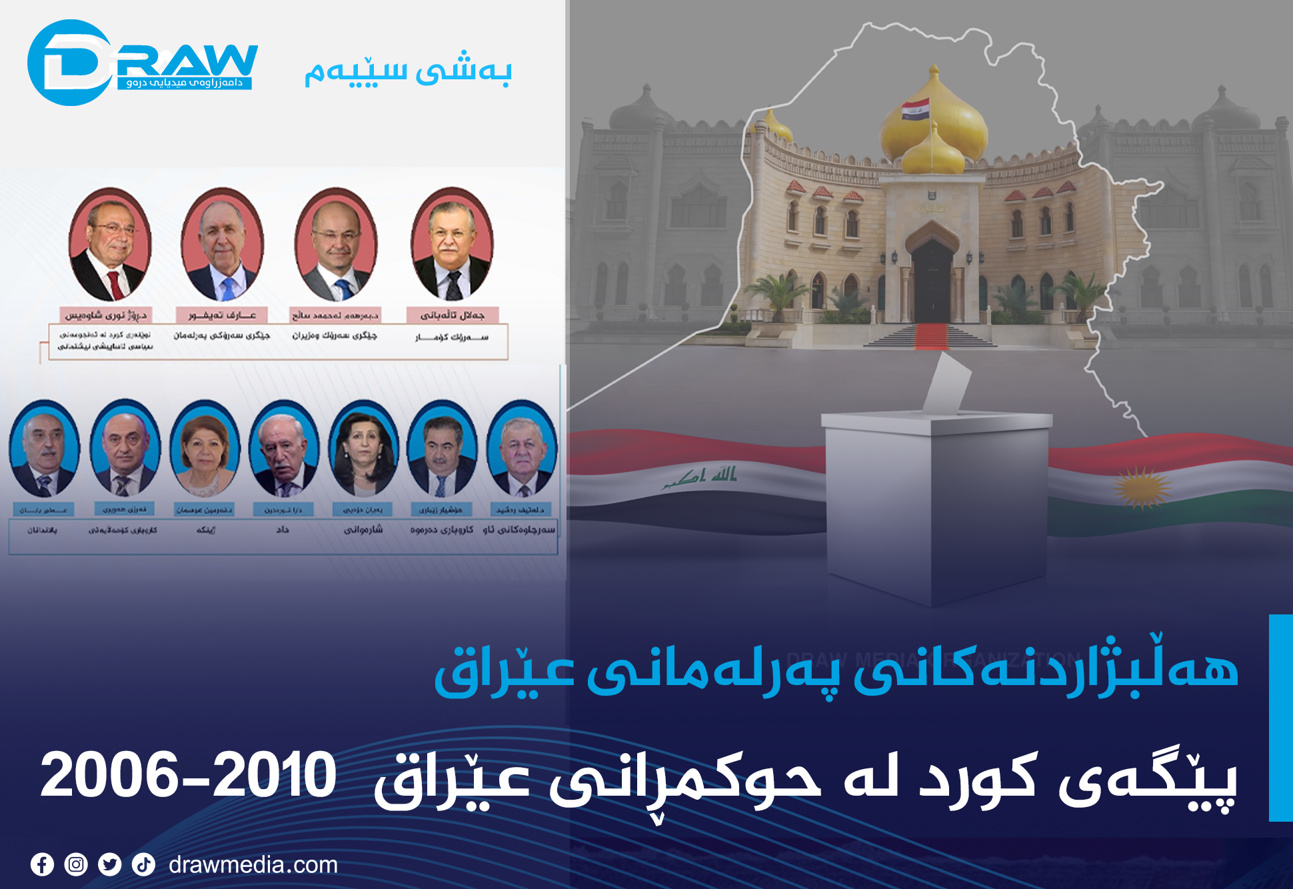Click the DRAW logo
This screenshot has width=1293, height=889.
[141, 63]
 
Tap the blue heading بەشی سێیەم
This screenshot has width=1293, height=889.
[408, 72]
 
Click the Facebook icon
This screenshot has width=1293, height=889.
[42, 865]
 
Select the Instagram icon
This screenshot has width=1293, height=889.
[76, 865]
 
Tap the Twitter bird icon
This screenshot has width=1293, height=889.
[110, 865]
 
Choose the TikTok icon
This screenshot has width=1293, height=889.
[143, 865]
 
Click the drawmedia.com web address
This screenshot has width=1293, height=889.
[253, 865]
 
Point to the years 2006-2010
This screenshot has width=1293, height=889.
[188, 775]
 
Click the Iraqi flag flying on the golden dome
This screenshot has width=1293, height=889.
[915, 109]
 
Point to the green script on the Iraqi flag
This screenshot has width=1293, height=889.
[700, 477]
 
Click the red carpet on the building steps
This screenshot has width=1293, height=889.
[931, 336]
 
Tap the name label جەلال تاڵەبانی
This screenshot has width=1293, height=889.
[453, 315]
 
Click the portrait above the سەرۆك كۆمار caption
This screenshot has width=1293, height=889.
[453, 245]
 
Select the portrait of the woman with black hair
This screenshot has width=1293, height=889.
[363, 448]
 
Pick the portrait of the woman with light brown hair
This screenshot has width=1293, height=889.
[205, 448]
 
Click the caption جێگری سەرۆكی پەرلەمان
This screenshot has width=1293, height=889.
[222, 336]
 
